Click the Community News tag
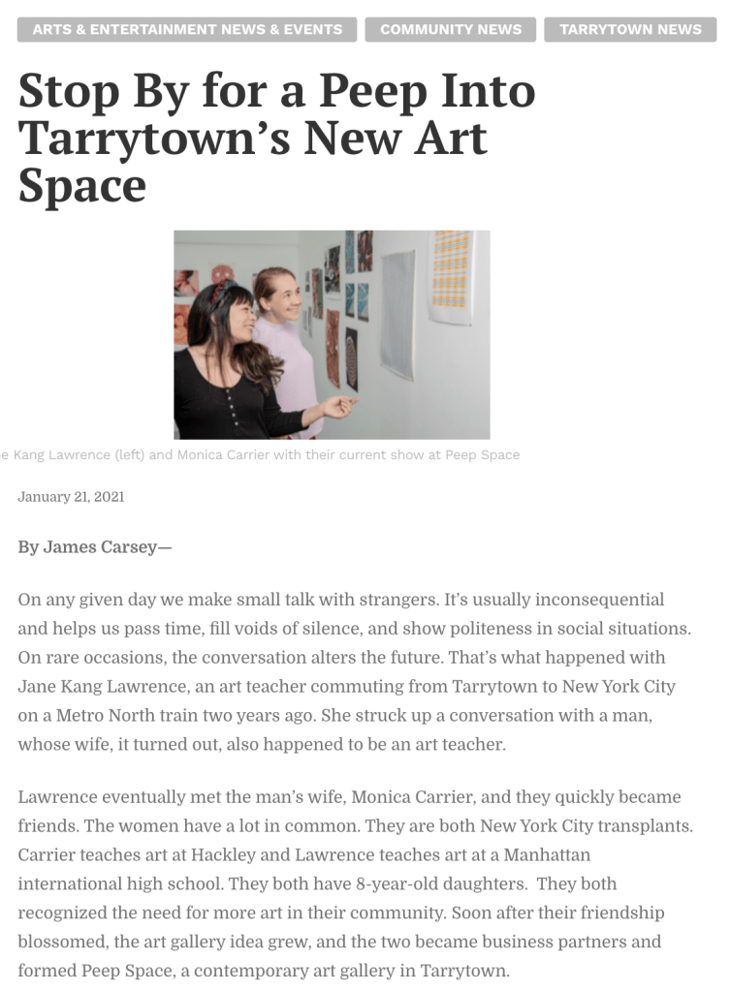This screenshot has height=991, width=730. pos(451,29)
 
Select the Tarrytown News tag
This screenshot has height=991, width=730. pos(630,29)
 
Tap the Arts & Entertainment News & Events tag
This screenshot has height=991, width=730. pos(187,29)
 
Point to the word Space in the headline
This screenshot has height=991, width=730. pos(81,185)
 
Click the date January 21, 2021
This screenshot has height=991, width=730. pos(71,497)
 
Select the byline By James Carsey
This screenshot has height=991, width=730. pos(94,547)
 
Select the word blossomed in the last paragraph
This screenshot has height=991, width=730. pos(62,943)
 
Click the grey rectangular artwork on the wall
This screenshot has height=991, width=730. pos(397,313)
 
